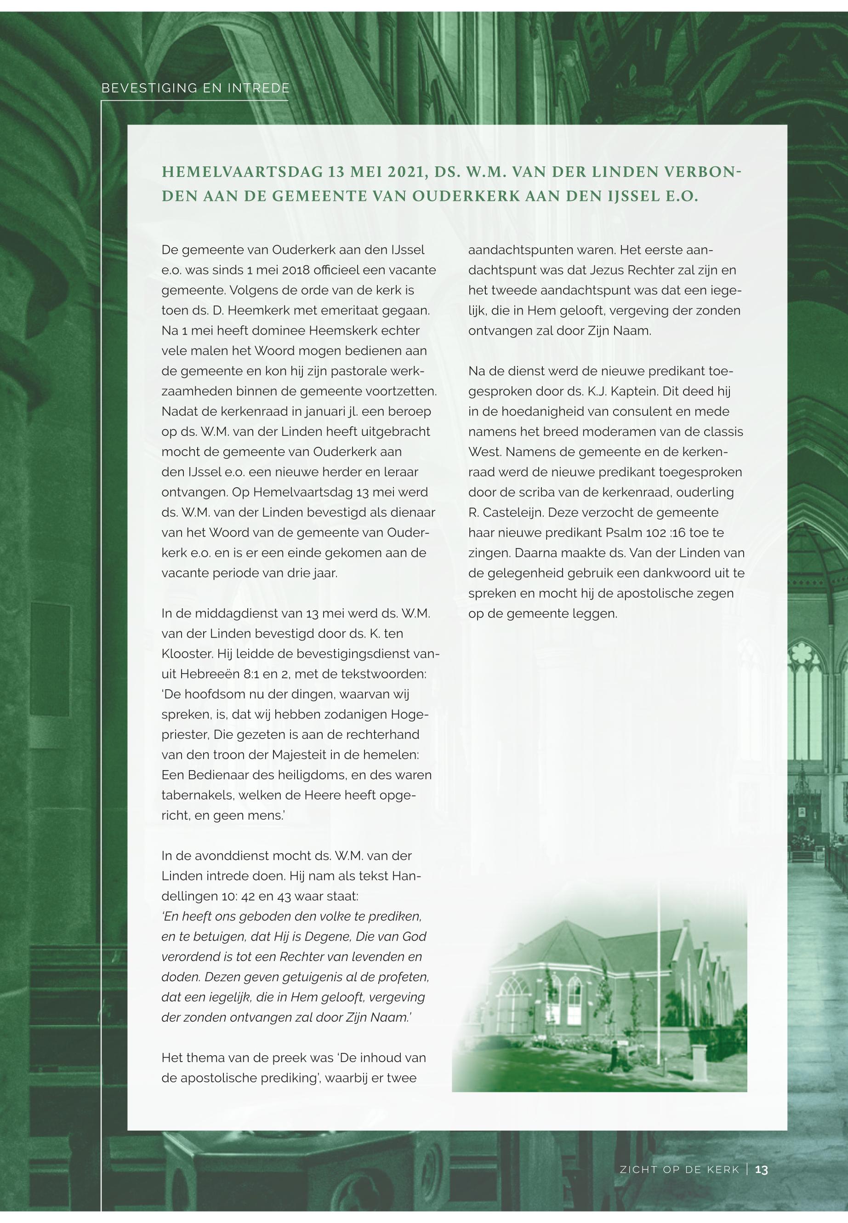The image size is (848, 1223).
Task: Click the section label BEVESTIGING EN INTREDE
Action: pos(195,88)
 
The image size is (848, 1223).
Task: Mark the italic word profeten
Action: pos(405,977)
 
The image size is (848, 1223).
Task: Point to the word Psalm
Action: pos(620,532)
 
